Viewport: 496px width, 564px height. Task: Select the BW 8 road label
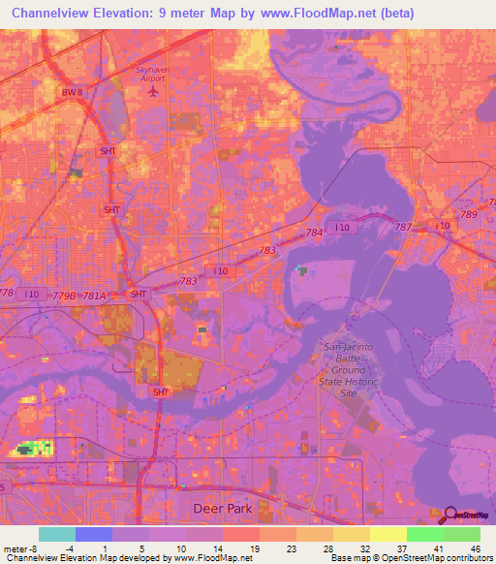[x=73, y=92]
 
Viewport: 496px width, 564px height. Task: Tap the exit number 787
[x=404, y=227]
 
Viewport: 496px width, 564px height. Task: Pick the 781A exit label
[x=94, y=296]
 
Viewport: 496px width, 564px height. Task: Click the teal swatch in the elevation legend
[x=56, y=534]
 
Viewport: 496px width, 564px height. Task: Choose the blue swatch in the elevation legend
[x=93, y=534]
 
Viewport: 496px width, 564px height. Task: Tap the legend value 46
[x=475, y=548]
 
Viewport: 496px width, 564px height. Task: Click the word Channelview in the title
[x=58, y=13]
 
